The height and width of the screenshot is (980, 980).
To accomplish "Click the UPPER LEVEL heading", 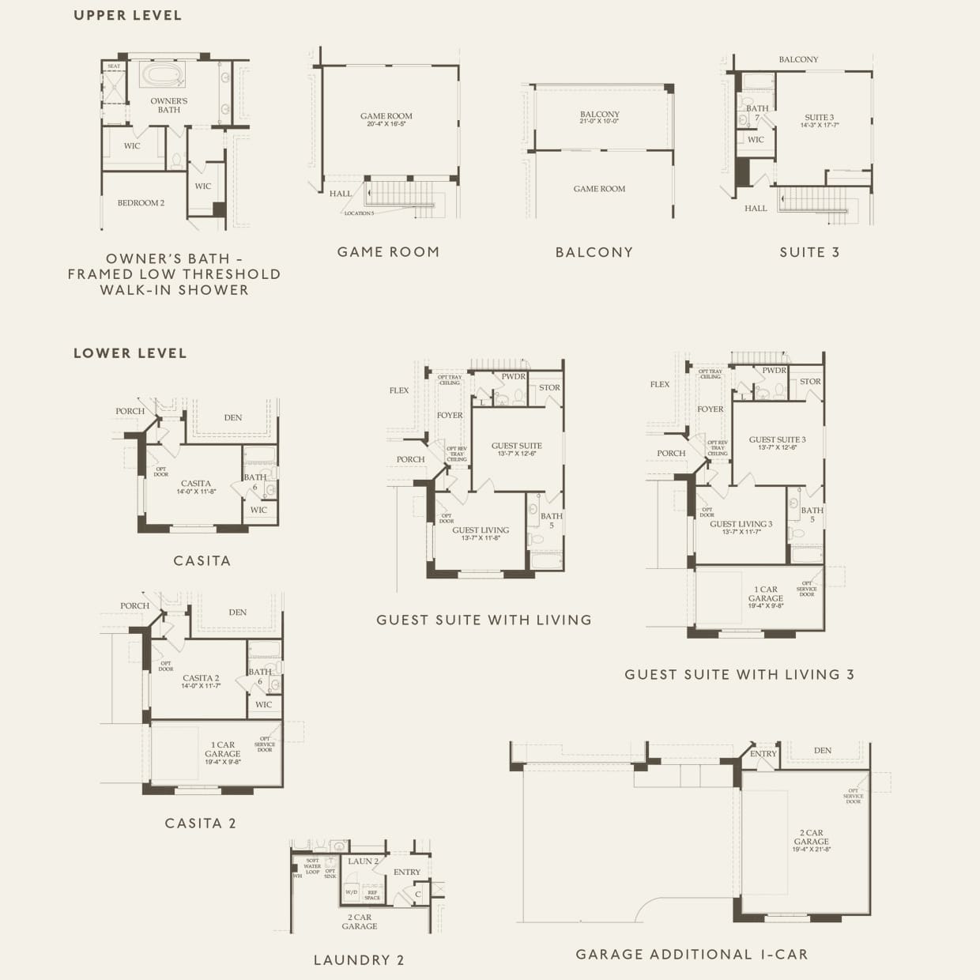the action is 127,15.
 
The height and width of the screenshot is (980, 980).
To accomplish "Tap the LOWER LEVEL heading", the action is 130,353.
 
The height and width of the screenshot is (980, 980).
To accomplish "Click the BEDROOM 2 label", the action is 141,203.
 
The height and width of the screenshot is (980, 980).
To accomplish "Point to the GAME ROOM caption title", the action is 388,252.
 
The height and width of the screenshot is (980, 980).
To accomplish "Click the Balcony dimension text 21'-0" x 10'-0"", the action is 600,122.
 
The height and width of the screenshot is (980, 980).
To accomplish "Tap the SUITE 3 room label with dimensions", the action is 820,121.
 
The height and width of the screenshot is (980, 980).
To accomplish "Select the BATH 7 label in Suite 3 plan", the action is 757,113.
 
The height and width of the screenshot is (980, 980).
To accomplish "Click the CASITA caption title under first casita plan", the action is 202,560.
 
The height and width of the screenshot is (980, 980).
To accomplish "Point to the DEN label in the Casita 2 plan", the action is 237,612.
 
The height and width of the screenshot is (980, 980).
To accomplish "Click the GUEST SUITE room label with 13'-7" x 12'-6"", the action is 517,449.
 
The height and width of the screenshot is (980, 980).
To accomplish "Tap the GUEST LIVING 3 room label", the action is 741,527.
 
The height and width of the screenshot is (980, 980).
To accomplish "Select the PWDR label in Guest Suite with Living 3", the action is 774,371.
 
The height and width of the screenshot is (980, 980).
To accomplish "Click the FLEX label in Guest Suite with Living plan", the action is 399,390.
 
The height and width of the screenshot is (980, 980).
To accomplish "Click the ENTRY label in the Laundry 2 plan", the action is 407,872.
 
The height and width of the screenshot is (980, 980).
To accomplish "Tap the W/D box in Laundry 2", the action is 351,892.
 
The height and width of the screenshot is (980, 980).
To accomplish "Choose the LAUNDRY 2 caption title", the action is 359,960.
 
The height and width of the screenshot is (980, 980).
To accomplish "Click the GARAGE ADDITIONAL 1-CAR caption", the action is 692,954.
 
